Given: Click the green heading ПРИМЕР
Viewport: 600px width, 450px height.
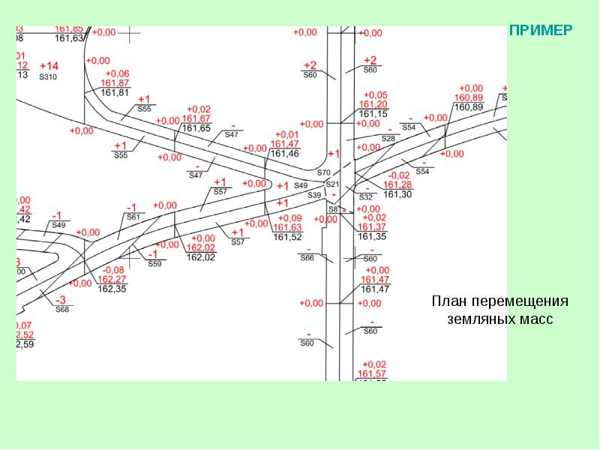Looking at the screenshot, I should pyautogui.click(x=541, y=31).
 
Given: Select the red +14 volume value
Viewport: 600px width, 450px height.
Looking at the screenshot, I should pyautogui.click(x=49, y=66).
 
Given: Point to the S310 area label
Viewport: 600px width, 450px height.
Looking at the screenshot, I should pyautogui.click(x=48, y=76).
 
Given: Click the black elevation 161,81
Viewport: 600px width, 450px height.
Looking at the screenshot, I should pyautogui.click(x=115, y=93).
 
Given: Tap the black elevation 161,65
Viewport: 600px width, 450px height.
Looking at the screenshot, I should pyautogui.click(x=196, y=128).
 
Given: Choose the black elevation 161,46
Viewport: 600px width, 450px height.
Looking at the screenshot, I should pyautogui.click(x=284, y=154).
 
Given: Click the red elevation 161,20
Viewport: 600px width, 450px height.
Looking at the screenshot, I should pyautogui.click(x=373, y=104).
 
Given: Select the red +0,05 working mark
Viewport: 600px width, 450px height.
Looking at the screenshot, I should pyautogui.click(x=373, y=94).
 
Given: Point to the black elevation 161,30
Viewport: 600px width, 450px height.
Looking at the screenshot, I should pyautogui.click(x=397, y=194).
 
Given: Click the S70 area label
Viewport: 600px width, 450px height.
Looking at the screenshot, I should pyautogui.click(x=323, y=172).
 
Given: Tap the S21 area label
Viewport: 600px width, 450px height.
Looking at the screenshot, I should pyautogui.click(x=333, y=184).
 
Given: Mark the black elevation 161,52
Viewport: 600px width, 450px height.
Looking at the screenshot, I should pyautogui.click(x=287, y=237).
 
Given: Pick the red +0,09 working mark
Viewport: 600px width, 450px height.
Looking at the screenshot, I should pyautogui.click(x=287, y=217).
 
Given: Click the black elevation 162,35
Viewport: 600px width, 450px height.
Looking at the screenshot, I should pyautogui.click(x=112, y=289).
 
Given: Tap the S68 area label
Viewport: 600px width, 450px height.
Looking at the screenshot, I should pyautogui.click(x=61, y=309).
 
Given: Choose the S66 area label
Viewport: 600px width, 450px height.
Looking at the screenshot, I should pyautogui.click(x=307, y=257).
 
